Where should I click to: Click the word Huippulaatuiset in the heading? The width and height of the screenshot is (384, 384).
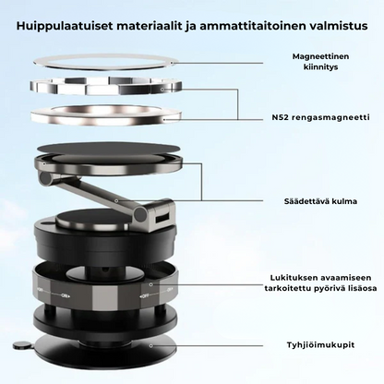click(65, 26)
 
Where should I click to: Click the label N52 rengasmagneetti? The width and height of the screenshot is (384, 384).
click(320, 117)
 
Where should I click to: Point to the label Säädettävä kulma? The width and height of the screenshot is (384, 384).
click(320, 201)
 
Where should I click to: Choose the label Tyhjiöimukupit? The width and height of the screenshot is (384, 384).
click(320, 344)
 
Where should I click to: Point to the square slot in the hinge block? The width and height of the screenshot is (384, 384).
click(162, 220)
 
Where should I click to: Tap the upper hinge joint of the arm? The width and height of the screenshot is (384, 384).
click(45, 178)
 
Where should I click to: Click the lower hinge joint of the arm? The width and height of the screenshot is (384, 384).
click(140, 213)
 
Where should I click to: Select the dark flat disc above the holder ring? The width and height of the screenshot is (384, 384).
click(108, 148)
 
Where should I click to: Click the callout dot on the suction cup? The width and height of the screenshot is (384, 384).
click(150, 345)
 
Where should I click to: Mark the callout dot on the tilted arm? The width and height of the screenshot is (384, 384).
click(116, 200)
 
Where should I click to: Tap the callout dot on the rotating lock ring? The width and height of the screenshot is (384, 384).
click(150, 284)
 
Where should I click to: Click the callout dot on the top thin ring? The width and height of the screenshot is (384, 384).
click(172, 63)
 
